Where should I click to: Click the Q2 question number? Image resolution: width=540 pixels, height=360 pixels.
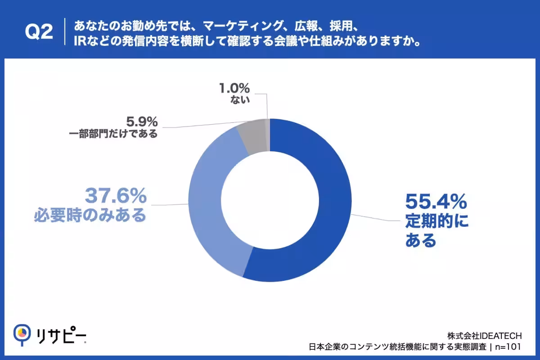coord(39,32)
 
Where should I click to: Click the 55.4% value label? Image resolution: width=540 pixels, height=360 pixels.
coord(436,202)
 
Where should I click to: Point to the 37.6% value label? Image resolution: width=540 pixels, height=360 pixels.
coord(116,196)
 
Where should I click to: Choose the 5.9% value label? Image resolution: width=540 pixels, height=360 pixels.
coord(142,121)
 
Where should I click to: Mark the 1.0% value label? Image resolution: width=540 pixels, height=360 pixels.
coord(234,88)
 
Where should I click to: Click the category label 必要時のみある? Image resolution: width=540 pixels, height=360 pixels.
coord(90,215)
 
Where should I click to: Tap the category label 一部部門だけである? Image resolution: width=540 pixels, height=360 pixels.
coord(113,134)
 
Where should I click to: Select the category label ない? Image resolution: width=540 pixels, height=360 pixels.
coord(240,99)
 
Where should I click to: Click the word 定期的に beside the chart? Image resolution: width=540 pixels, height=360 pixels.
coord(437,221)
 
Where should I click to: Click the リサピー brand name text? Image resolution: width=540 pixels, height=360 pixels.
coord(61,335)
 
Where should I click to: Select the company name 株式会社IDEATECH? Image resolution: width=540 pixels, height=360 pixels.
coord(485,336)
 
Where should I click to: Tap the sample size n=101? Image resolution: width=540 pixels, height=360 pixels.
coord(508,347)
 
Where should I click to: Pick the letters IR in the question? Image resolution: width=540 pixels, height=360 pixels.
coord(80,41)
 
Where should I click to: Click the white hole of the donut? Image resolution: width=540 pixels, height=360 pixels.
coord(270,200)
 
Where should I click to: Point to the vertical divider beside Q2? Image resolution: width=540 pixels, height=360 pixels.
coord(65,31)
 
